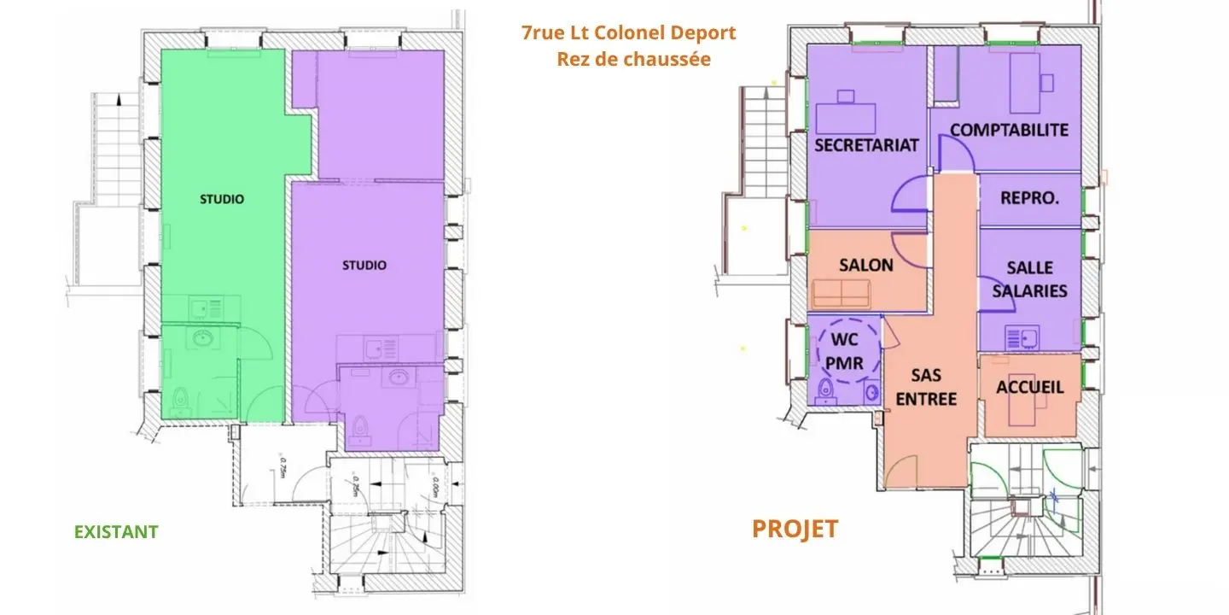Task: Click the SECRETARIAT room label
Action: [866, 144]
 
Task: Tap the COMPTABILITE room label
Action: [1009, 130]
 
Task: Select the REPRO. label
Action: [1029, 197]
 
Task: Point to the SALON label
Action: [865, 265]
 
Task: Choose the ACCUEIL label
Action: [1030, 387]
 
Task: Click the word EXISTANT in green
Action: [116, 531]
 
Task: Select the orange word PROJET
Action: [794, 529]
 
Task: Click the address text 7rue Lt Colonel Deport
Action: [628, 33]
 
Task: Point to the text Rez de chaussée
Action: [633, 60]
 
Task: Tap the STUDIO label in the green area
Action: [222, 199]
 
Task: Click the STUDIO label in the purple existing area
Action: [364, 266]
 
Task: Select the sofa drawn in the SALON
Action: [842, 294]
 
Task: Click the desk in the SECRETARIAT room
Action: [846, 115]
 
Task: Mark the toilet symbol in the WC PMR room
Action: [825, 391]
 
